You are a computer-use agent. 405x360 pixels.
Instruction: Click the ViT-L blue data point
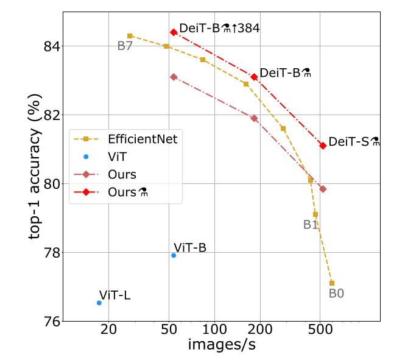99,303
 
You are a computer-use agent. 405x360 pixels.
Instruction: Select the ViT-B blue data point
174,255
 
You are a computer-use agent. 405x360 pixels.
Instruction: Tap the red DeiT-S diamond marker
323,146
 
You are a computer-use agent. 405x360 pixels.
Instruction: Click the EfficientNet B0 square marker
332,283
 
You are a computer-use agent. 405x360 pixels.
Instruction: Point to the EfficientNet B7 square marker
130,36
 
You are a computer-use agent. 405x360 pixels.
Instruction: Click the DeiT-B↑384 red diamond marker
174,32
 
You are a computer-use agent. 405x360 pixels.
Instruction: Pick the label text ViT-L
114,295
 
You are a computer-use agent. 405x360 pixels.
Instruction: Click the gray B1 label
311,225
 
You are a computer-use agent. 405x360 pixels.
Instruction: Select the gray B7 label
125,46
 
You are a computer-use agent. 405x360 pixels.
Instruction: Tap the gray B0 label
336,294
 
